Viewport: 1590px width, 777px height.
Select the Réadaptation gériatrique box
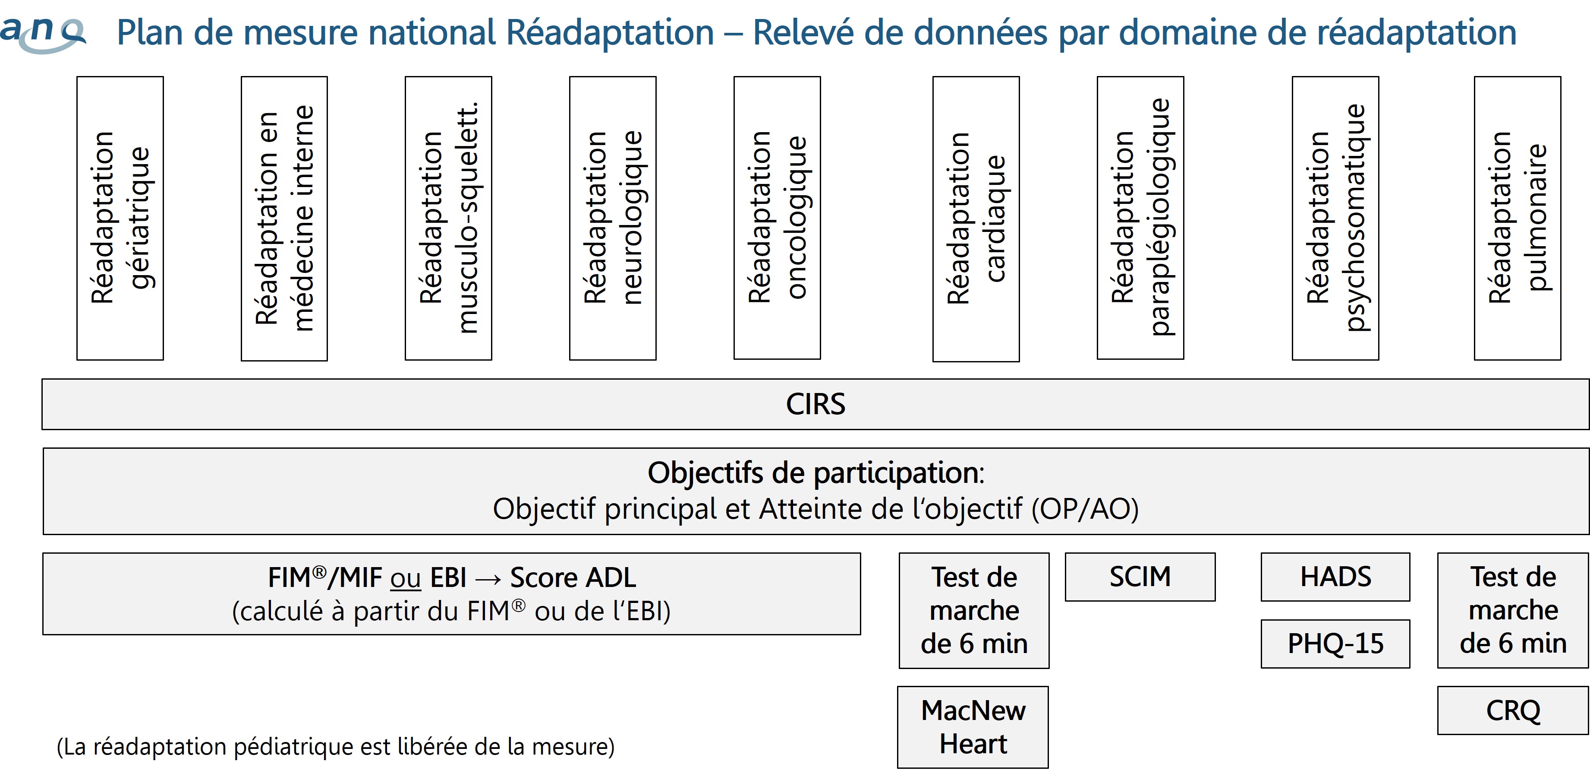pyautogui.click(x=120, y=218)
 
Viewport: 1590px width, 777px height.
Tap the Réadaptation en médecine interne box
pyautogui.click(x=284, y=219)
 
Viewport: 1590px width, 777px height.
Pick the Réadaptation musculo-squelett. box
pyautogui.click(x=449, y=218)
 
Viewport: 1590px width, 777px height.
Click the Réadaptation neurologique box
pyautogui.click(x=613, y=218)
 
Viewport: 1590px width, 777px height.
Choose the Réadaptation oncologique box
pyautogui.click(x=777, y=218)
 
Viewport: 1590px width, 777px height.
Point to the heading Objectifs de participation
pyautogui.click(x=816, y=473)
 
